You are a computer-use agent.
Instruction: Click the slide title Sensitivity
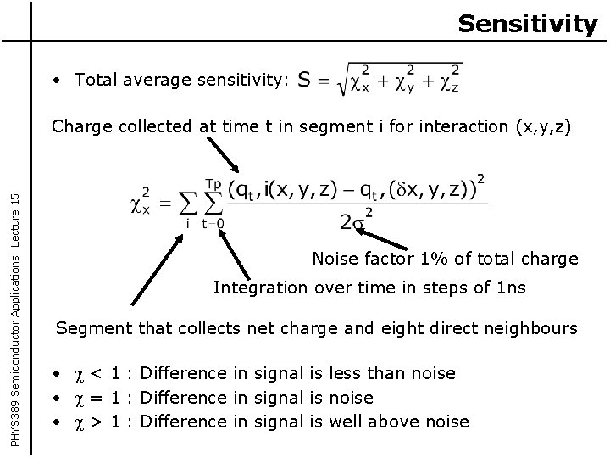(527, 23)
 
